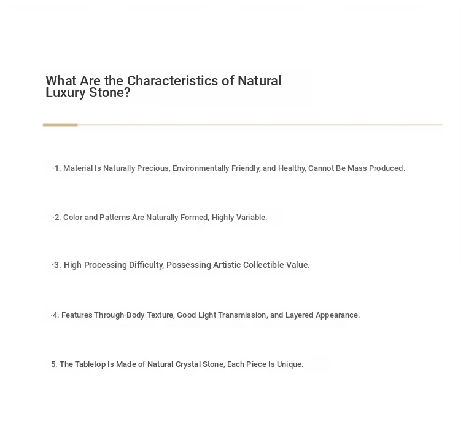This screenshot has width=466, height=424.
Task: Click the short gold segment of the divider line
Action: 60,125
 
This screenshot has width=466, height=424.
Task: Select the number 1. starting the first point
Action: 58,168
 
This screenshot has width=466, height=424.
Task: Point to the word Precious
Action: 152,168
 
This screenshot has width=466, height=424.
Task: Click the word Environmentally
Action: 201,168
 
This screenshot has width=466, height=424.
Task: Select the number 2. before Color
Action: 58,218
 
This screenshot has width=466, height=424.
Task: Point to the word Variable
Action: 251,218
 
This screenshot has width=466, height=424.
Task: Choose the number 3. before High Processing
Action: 57,265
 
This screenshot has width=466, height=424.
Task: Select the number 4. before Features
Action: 55,315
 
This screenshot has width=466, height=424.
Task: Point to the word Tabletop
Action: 90,364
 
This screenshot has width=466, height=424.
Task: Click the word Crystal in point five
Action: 190,364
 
